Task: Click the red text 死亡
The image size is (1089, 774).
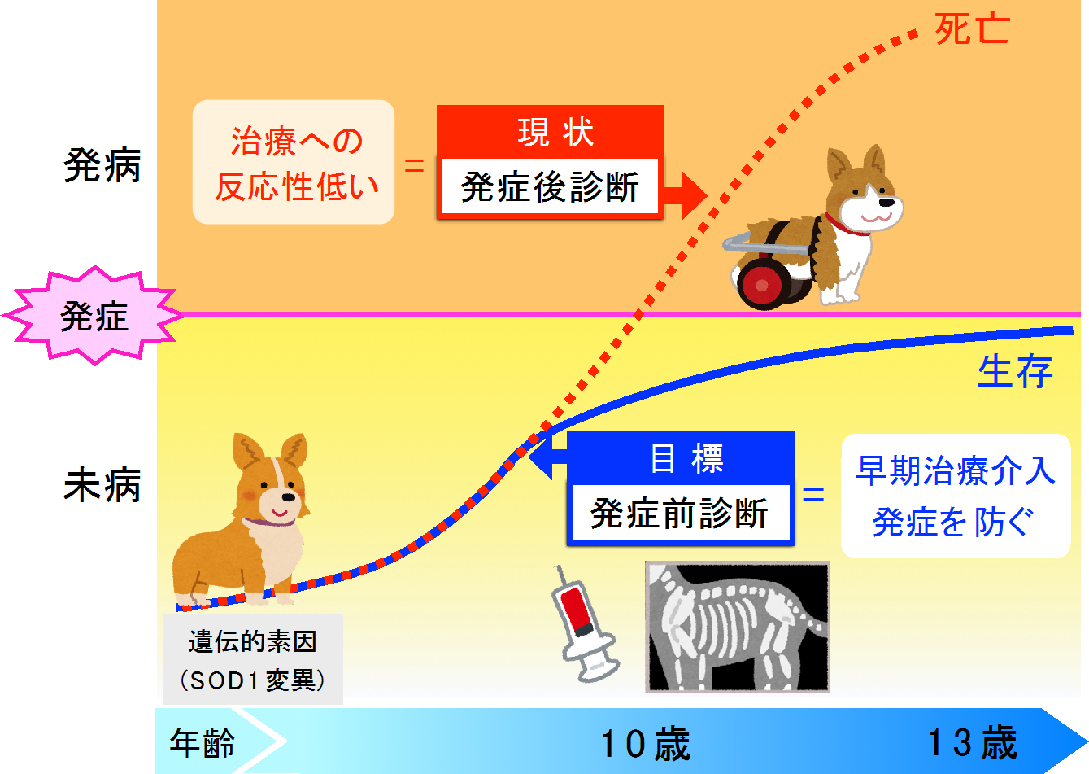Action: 973,29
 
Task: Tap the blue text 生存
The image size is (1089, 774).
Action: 1016,371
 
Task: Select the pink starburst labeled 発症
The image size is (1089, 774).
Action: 94,315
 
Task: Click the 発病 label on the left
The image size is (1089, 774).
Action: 102,165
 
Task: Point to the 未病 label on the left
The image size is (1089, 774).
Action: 102,484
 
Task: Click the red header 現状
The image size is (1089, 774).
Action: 555,133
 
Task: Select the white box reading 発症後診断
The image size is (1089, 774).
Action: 550,186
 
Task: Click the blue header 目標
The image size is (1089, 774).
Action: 686,459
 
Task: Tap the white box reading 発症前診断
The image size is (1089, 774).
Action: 680,513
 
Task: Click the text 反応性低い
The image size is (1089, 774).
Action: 297,187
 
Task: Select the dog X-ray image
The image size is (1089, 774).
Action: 738,627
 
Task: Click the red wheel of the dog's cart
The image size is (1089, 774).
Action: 763,285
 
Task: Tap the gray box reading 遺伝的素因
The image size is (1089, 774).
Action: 253,659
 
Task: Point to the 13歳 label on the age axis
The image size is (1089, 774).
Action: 973,742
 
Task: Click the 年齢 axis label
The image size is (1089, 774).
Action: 203,742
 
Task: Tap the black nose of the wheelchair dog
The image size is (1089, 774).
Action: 886,202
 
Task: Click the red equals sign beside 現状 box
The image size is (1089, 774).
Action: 414,166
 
